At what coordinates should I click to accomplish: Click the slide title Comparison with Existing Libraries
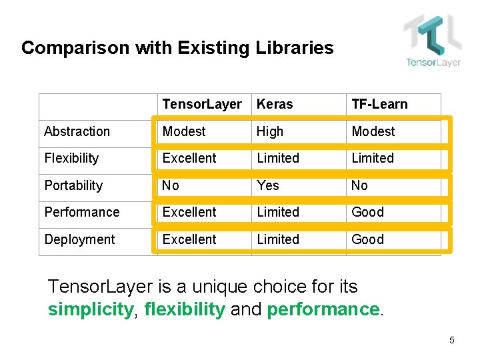177,48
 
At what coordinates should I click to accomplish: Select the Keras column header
275,105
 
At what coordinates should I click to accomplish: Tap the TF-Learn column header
379,105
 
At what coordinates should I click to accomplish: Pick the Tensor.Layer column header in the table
202,105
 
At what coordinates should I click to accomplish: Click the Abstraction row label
77,131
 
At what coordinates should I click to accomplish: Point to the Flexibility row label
71,158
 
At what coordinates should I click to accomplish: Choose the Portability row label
73,185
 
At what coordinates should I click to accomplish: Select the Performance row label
82,212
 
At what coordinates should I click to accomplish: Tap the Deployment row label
79,239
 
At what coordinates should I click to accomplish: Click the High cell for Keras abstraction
270,131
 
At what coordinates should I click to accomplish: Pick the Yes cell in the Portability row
268,185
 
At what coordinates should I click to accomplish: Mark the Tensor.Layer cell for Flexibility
189,158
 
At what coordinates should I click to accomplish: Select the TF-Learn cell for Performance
368,212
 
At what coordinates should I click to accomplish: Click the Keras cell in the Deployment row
278,239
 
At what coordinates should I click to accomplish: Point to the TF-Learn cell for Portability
359,185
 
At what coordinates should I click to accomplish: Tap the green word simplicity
90,310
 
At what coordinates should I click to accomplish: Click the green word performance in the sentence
323,310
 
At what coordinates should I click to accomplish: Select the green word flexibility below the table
185,310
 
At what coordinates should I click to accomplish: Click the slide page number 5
452,341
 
